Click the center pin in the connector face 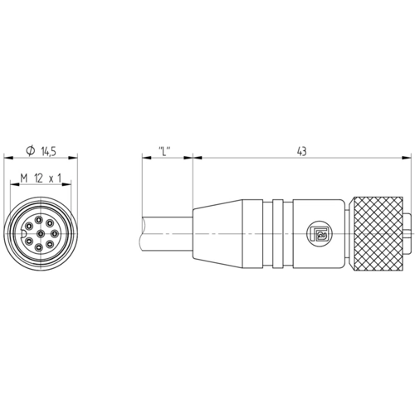click(41, 234)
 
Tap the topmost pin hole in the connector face click(38, 220)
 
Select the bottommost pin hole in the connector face click(39, 247)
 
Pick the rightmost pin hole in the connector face click(55, 234)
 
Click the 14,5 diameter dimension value click(49, 151)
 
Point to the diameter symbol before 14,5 click(31, 151)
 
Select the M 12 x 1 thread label click(41, 178)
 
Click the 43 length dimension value click(302, 151)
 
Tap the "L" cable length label click(164, 151)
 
